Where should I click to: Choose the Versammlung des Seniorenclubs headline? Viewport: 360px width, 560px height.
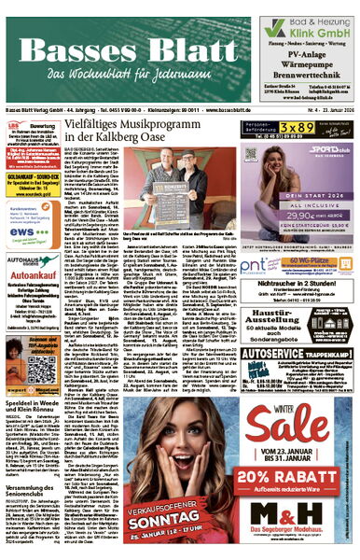34,497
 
